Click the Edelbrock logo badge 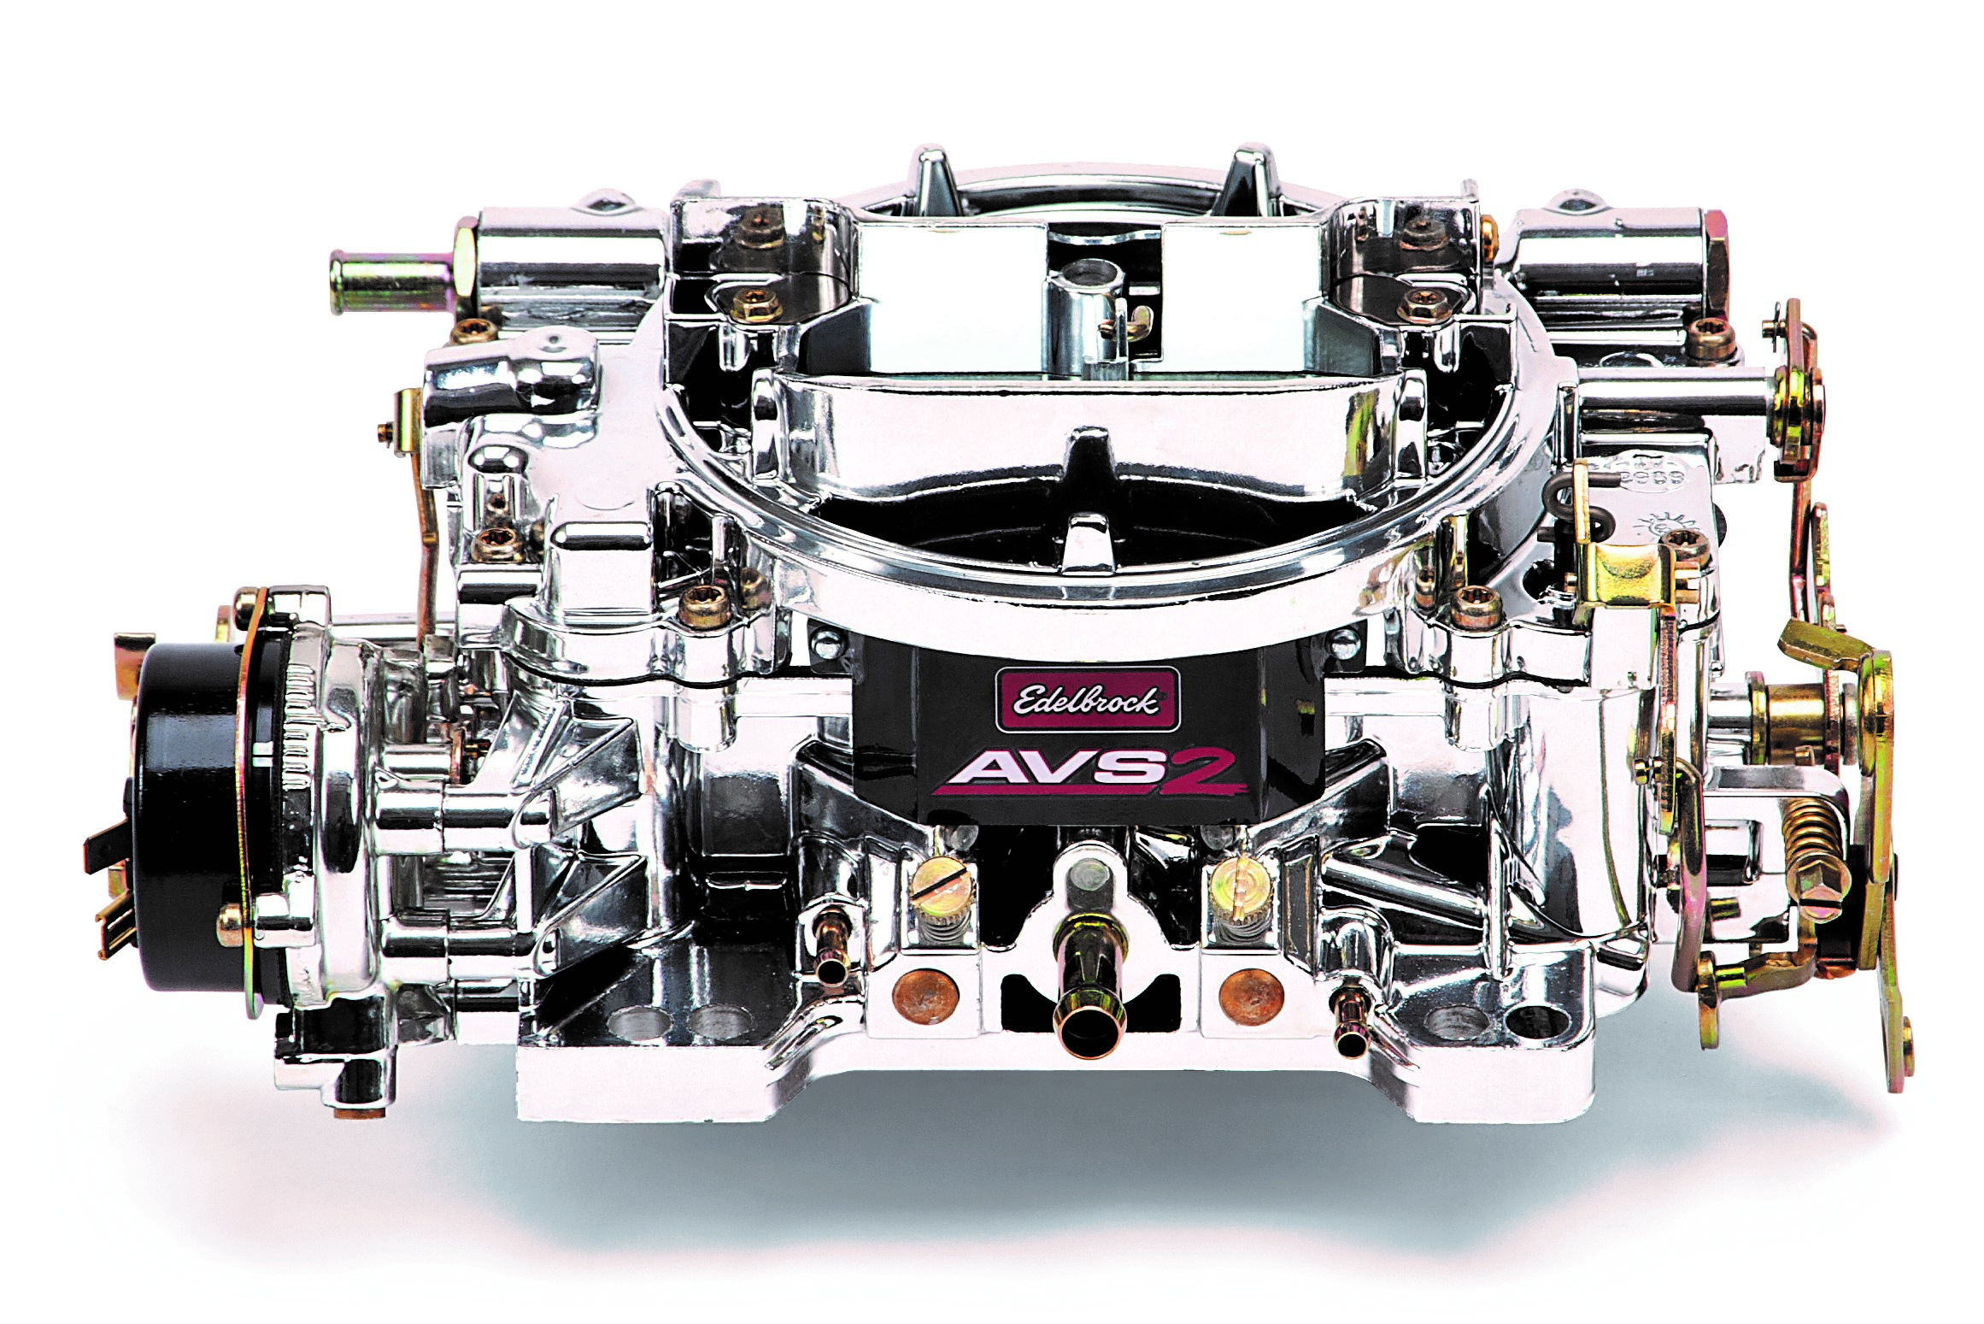[x=1088, y=699]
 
